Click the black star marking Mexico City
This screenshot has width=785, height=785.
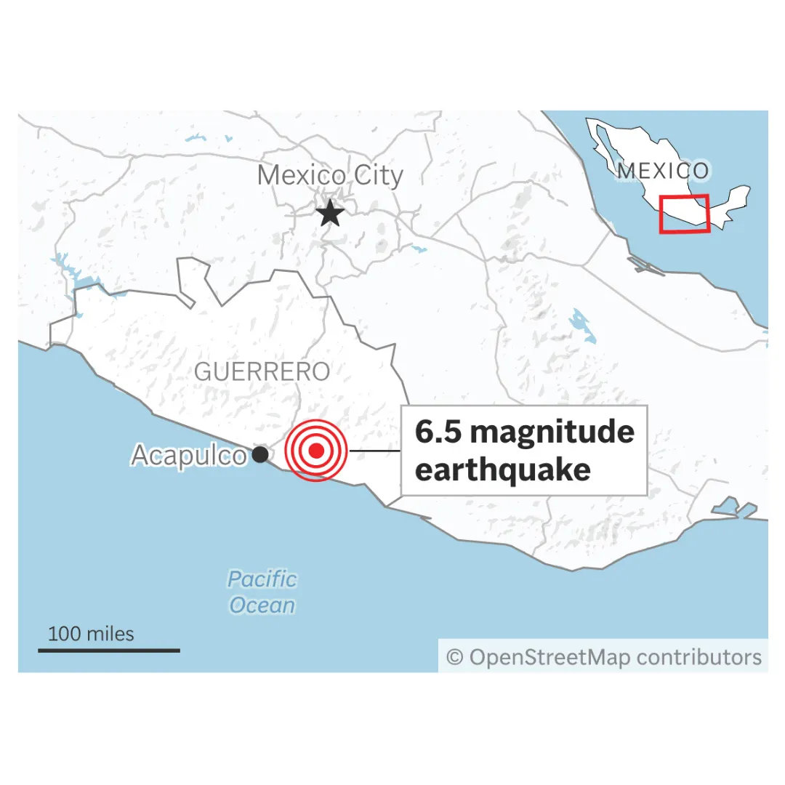point(331,214)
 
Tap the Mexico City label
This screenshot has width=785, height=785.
point(329,175)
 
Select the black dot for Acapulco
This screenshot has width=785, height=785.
point(260,455)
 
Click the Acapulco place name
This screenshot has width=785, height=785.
point(189,456)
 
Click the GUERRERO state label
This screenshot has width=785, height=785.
point(262,372)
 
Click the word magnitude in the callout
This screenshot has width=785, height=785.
point(552,433)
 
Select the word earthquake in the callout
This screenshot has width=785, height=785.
point(502,470)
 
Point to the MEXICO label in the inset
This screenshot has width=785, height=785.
point(662,171)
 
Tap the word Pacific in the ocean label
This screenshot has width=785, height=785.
point(262,579)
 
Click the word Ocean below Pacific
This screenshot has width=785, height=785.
point(262,605)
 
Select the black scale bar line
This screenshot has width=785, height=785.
point(109,650)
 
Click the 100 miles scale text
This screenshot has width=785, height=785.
point(91,634)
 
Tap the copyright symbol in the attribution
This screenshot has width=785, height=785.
point(454,658)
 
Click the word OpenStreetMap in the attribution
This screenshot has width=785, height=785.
point(549,658)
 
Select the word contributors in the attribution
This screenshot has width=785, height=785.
point(699,658)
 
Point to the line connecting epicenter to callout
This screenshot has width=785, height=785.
point(375,451)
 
